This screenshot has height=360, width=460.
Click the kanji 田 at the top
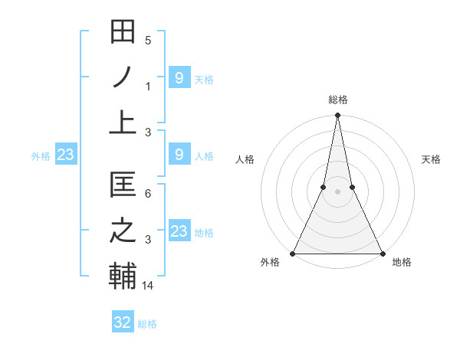pyautogui.click(x=123, y=32)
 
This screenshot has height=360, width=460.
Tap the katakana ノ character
pyautogui.click(x=123, y=77)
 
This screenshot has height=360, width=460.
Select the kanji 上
pyautogui.click(x=123, y=123)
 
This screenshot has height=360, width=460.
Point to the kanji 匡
pyautogui.click(x=123, y=185)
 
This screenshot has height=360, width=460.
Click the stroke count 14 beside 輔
pyautogui.click(x=148, y=286)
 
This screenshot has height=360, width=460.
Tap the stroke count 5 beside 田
pyautogui.click(x=148, y=41)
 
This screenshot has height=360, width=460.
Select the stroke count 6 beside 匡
pyautogui.click(x=148, y=194)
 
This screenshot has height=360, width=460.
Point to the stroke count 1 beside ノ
pyautogui.click(x=148, y=87)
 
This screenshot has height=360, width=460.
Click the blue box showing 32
pyautogui.click(x=123, y=322)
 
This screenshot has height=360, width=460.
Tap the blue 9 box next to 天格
pyautogui.click(x=179, y=77)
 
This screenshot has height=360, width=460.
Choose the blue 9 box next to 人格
pyautogui.click(x=179, y=155)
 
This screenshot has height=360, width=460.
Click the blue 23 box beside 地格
pyautogui.click(x=179, y=231)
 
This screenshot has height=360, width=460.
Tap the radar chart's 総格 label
pyautogui.click(x=337, y=100)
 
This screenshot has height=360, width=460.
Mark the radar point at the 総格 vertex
pyautogui.click(x=337, y=116)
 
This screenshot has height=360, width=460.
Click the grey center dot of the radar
pyautogui.click(x=337, y=191)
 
